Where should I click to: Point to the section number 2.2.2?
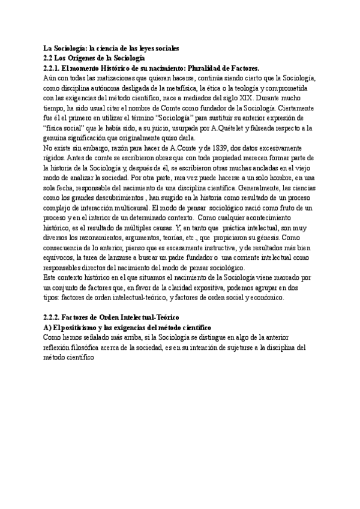pos(55,316)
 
